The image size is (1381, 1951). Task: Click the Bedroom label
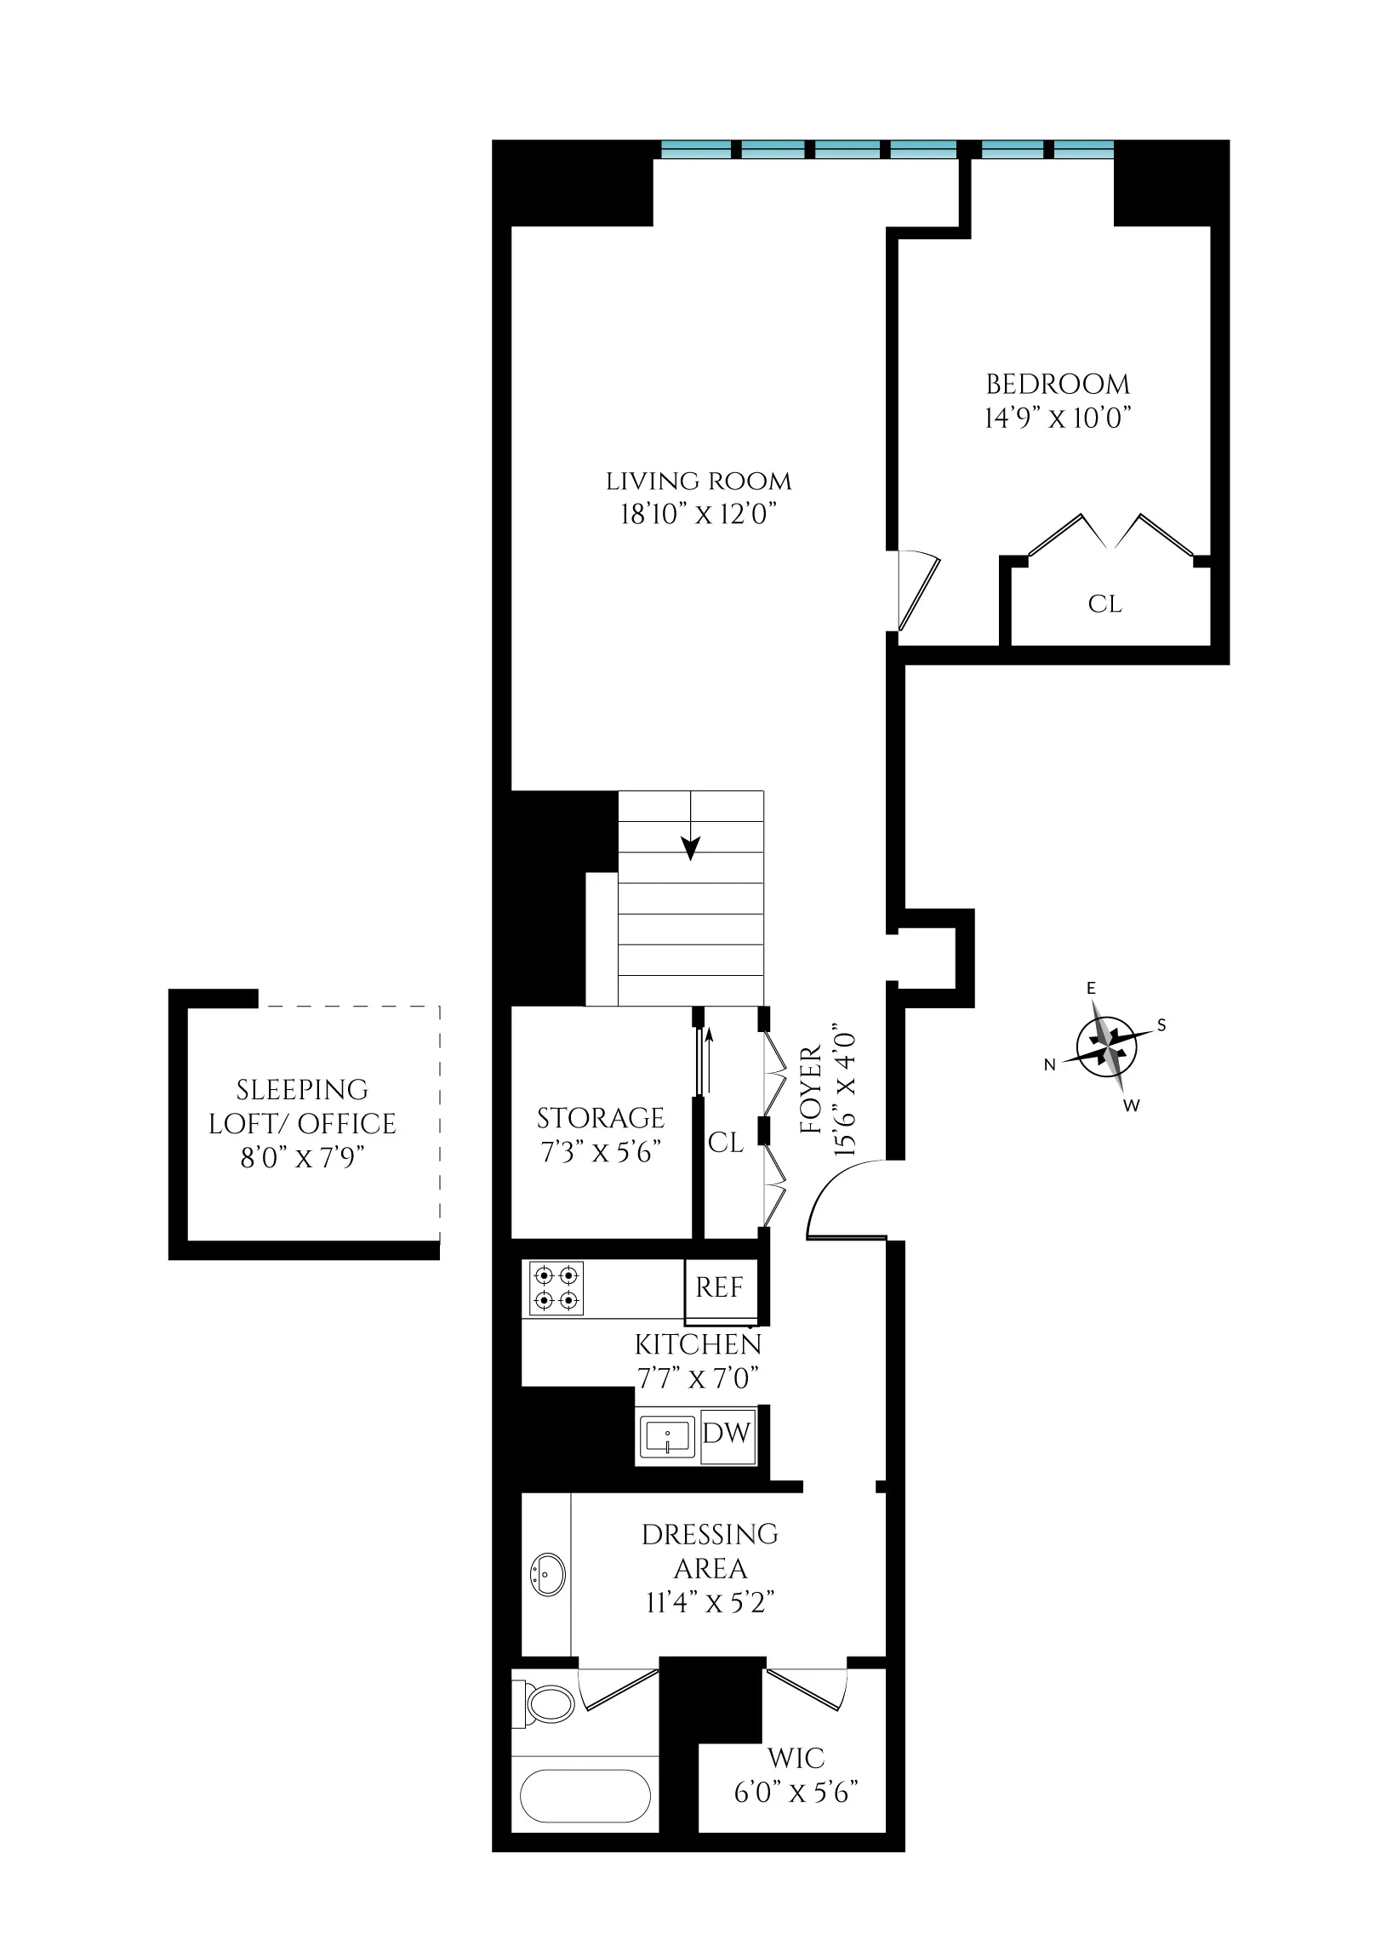pos(1058,385)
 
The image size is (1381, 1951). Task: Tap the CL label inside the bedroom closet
pos(1104,604)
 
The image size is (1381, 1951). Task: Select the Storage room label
pos(601,1117)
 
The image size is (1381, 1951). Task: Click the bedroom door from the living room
pos(917,592)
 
